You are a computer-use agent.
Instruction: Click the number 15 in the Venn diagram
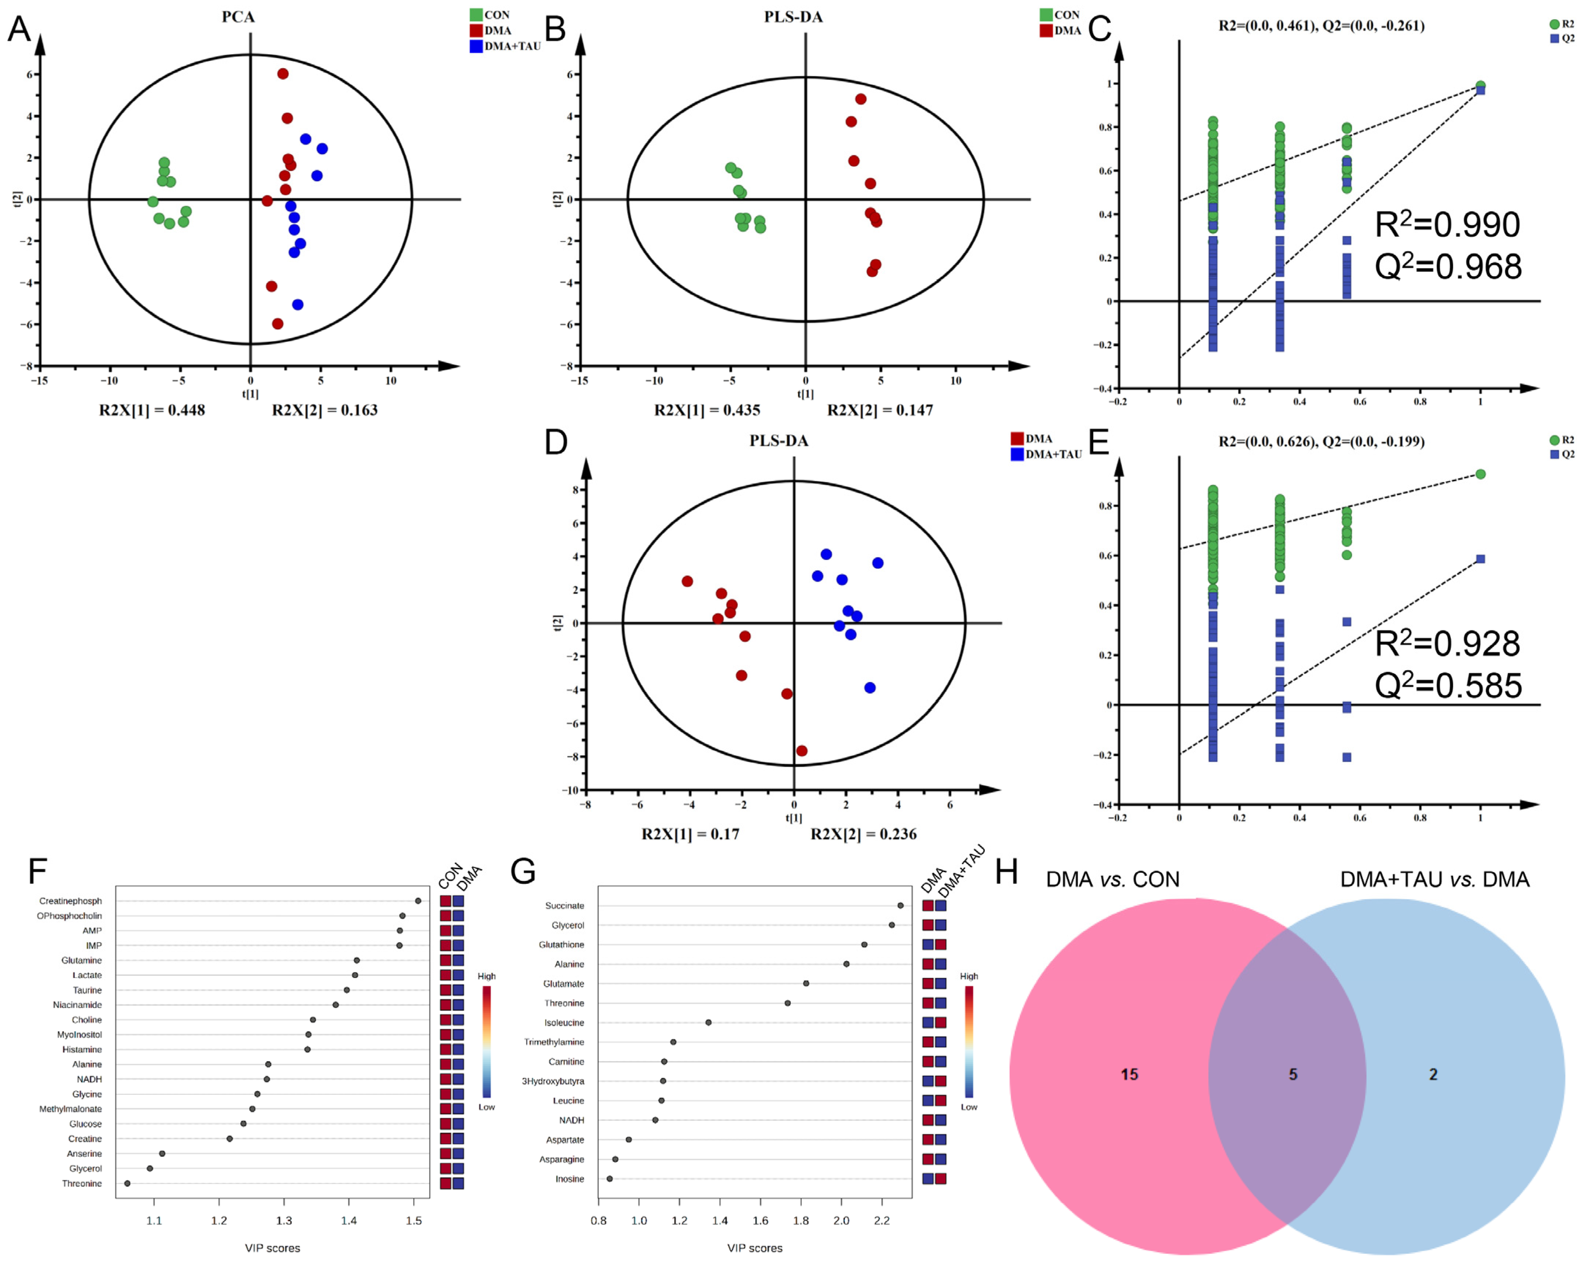pos(1128,1075)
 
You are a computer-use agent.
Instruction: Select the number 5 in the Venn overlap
pos(1293,1075)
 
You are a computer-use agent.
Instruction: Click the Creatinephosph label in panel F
pos(71,901)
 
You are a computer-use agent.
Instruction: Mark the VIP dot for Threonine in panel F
pos(127,1183)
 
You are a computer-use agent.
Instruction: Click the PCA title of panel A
pos(239,17)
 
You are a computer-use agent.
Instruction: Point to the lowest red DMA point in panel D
pos(802,751)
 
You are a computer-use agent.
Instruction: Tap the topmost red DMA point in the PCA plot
pos(282,74)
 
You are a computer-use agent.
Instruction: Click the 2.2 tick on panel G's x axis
pos(881,1221)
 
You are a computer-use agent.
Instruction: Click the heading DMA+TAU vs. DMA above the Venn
pos(1434,880)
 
